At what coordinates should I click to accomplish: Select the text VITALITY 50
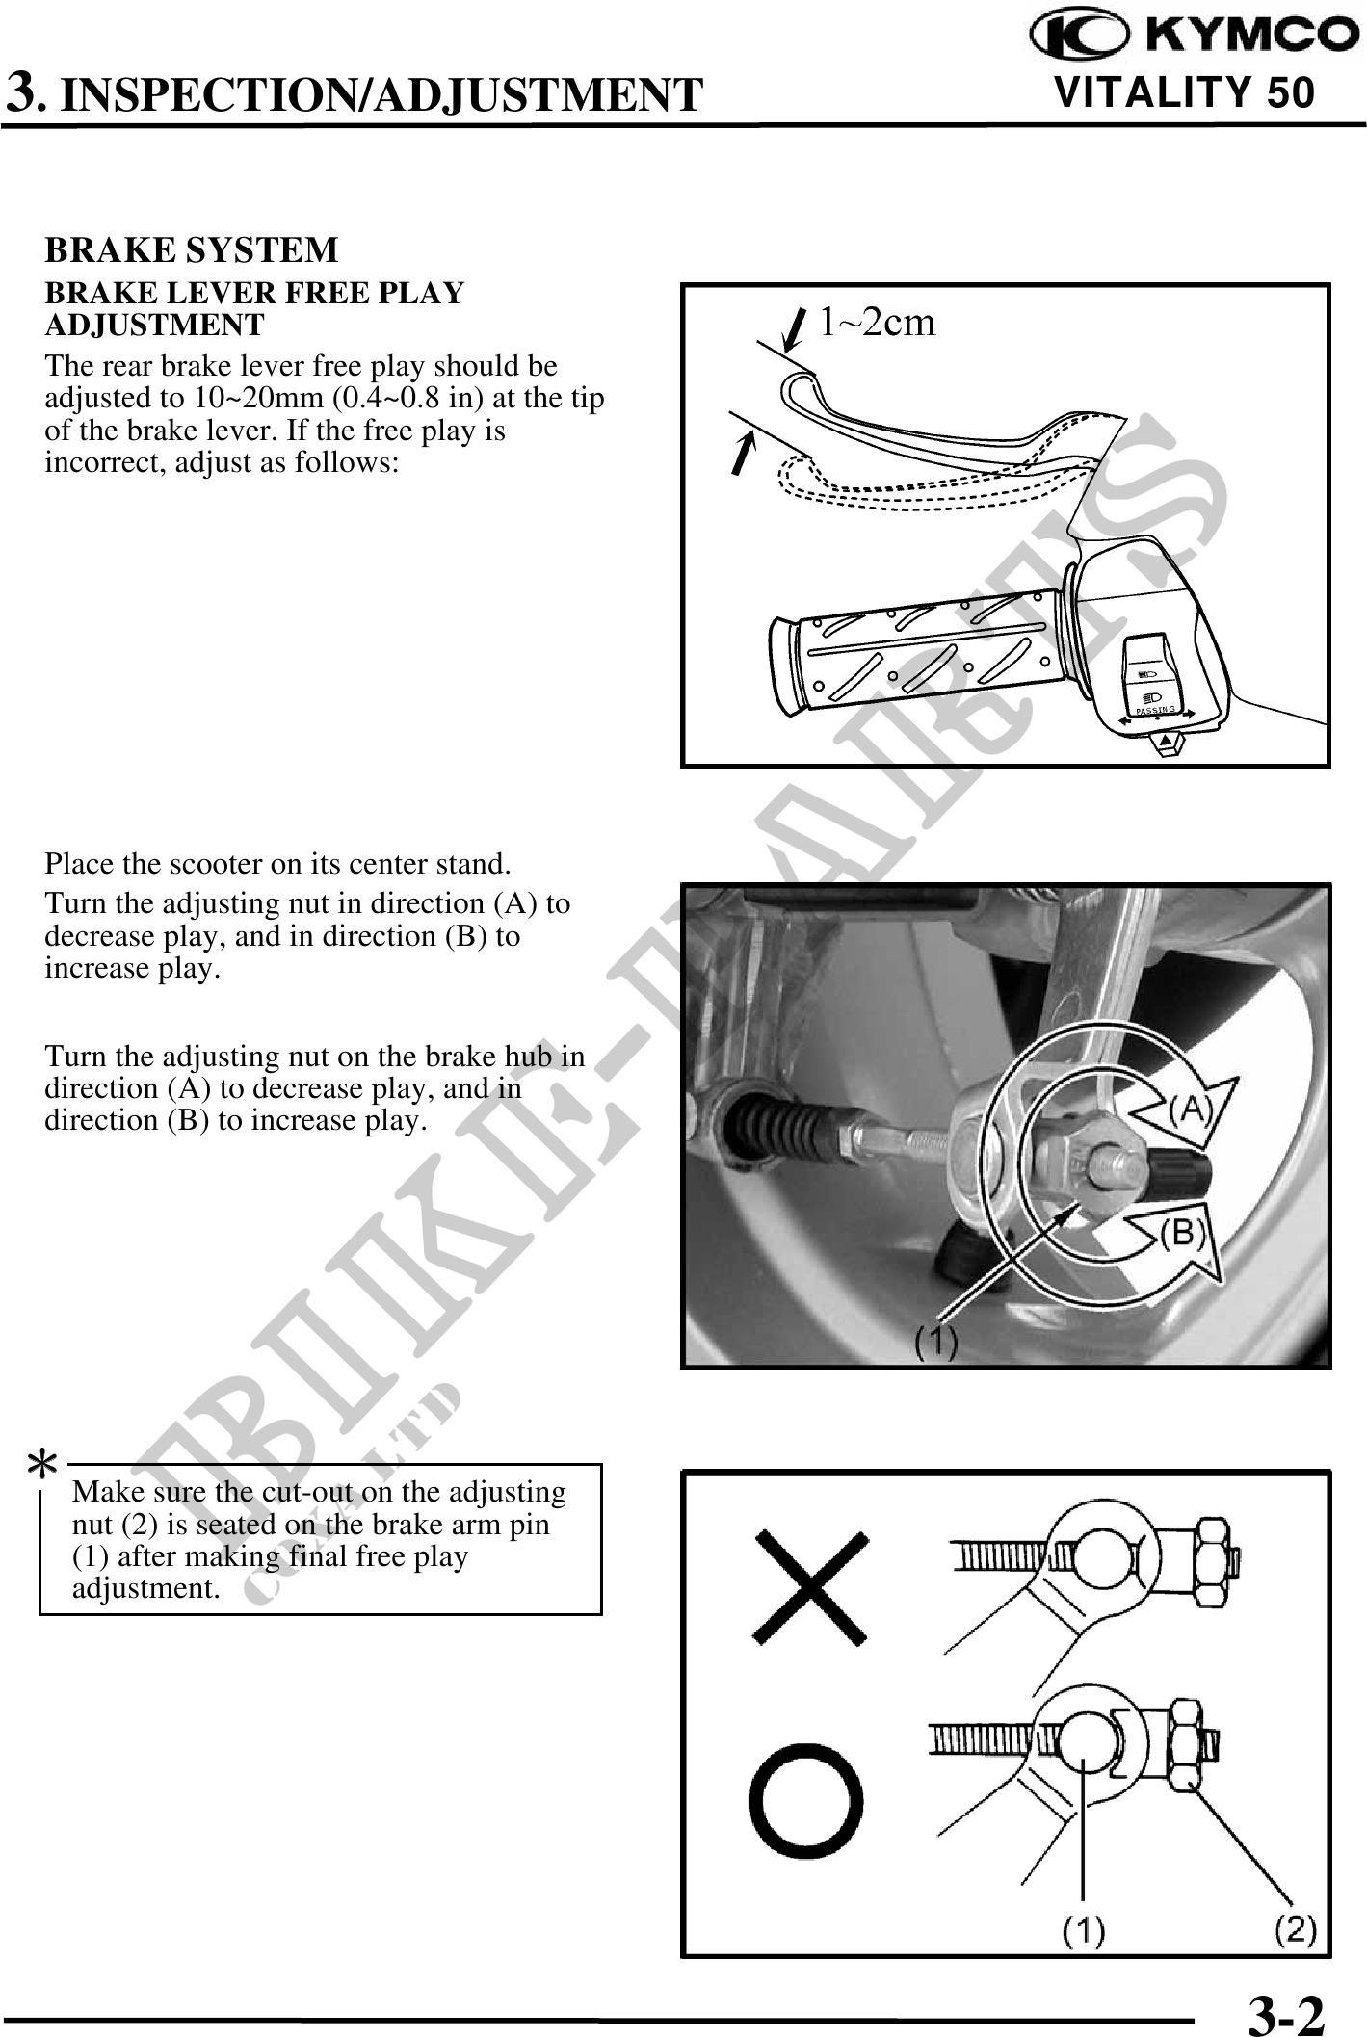click(x=1185, y=93)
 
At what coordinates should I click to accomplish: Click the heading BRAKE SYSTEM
click(x=192, y=250)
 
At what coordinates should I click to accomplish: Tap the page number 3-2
click(x=1285, y=2012)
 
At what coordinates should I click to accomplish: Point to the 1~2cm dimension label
click(x=877, y=323)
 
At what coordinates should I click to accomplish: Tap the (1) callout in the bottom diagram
click(x=1084, y=1929)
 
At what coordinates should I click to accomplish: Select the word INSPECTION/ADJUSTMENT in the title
click(x=381, y=95)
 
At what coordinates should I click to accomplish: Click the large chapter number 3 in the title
click(x=23, y=93)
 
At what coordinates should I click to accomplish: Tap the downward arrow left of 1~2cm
click(x=796, y=330)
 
